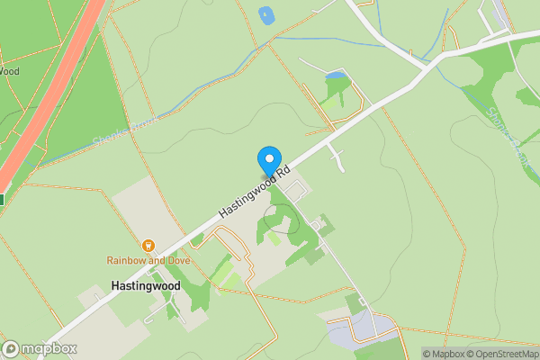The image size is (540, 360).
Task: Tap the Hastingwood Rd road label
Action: [255, 193]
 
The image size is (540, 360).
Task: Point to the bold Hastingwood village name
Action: [146, 285]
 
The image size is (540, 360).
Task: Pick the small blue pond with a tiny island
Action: [265, 14]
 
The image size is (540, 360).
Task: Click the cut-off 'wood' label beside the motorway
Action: [9, 71]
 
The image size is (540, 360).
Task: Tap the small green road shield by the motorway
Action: [2, 200]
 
